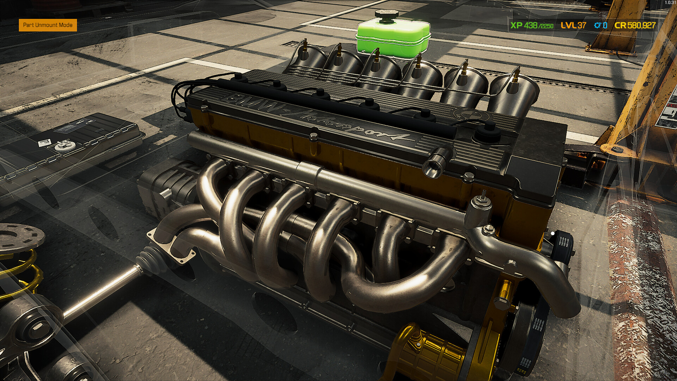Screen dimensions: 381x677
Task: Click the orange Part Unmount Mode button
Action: pyautogui.click(x=48, y=25)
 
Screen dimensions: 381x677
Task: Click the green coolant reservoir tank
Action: pyautogui.click(x=393, y=39)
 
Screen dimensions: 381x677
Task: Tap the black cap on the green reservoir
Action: pyautogui.click(x=386, y=15)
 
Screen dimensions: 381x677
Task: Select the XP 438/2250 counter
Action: pyautogui.click(x=532, y=25)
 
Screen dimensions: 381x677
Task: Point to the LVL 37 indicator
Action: pyautogui.click(x=573, y=25)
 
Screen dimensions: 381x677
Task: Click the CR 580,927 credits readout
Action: pyautogui.click(x=635, y=25)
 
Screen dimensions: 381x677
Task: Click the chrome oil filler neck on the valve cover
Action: pyautogui.click(x=437, y=162)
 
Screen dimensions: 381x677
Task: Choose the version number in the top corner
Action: pyautogui.click(x=670, y=2)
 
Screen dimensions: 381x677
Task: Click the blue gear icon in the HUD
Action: pyautogui.click(x=598, y=25)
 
